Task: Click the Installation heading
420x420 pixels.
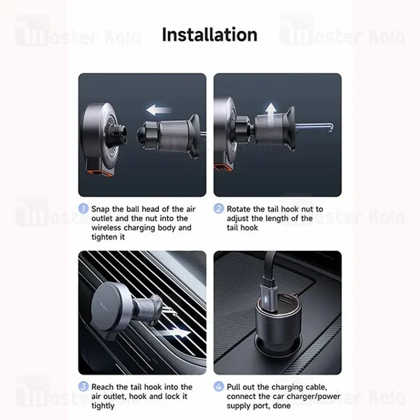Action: tap(209, 35)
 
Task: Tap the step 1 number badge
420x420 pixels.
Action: tap(83, 209)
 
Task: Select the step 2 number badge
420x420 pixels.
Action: tap(219, 209)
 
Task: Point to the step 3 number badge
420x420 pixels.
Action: tap(83, 387)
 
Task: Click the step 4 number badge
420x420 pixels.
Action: tap(219, 387)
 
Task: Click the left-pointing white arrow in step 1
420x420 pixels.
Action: tap(159, 110)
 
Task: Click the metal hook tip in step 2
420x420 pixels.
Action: tap(331, 128)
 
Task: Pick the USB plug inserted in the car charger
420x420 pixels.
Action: tap(268, 297)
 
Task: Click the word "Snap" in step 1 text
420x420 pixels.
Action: tap(100, 209)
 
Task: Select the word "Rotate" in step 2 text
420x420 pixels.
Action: tap(239, 209)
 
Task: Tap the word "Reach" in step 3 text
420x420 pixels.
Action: tap(102, 387)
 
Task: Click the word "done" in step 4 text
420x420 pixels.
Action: tap(282, 406)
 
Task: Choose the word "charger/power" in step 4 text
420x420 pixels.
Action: tap(315, 396)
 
